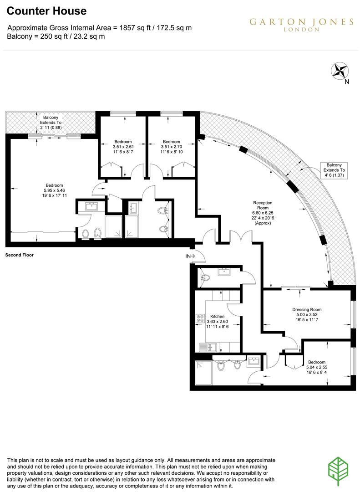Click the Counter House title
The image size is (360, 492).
pyautogui.click(x=46, y=11)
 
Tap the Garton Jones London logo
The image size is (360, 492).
pyautogui.click(x=301, y=24)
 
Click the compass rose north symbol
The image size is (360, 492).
pyautogui.click(x=340, y=71)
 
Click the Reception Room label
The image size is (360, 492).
pyautogui.click(x=263, y=213)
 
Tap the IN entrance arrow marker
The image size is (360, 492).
pyautogui.click(x=190, y=256)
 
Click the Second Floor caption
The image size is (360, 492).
pyautogui.click(x=20, y=255)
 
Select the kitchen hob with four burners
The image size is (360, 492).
pyautogui.click(x=201, y=319)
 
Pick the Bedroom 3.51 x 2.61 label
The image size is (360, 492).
pyautogui.click(x=123, y=147)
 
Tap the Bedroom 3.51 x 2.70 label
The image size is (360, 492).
pyautogui.click(x=172, y=147)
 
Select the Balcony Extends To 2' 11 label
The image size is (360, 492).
pyautogui.click(x=50, y=123)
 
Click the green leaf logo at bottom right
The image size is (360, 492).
pyautogui.click(x=338, y=470)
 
